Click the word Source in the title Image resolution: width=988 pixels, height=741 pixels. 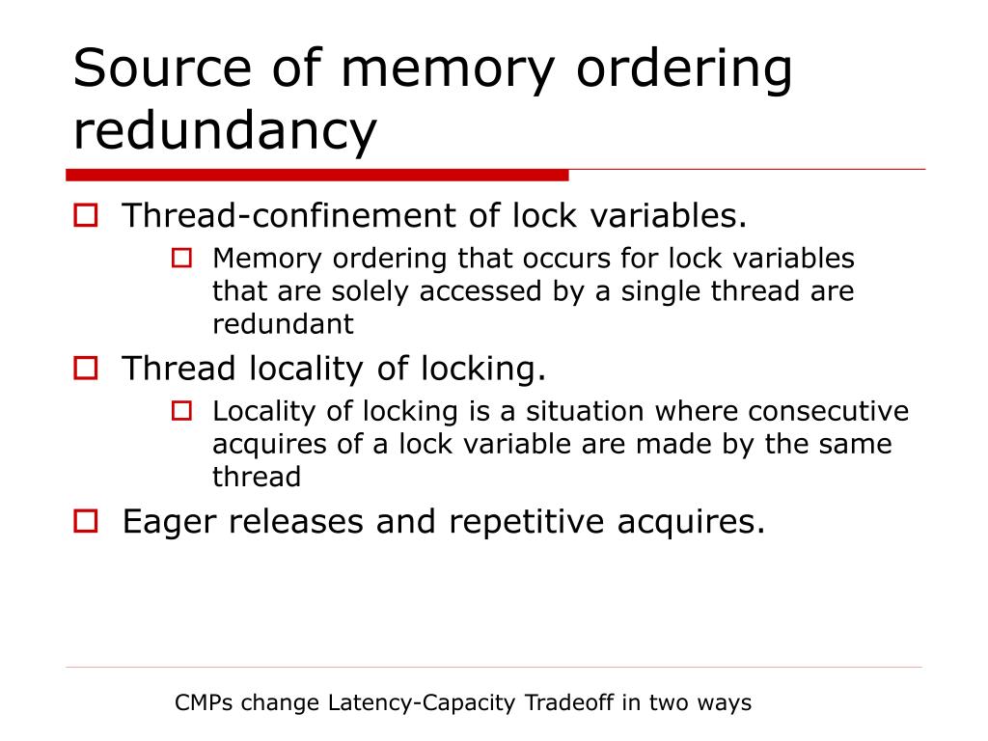click(159, 69)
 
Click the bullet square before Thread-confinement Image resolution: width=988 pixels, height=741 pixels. click(86, 215)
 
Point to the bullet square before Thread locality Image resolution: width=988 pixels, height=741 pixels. click(86, 368)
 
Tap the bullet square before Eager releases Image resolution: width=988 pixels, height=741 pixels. click(86, 521)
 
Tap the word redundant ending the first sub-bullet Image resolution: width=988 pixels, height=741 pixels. click(283, 324)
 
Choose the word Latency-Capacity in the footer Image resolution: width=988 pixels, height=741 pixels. click(422, 703)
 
